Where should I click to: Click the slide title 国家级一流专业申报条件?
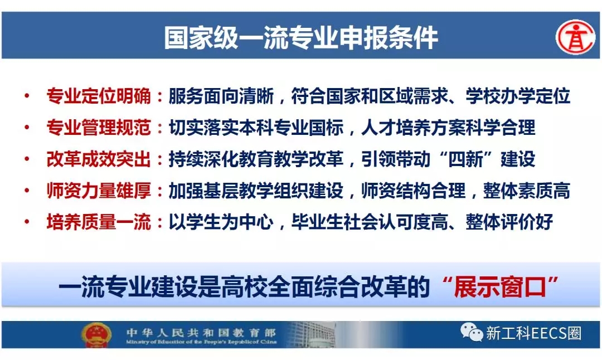tap(301, 37)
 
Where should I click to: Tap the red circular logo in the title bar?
tap(575, 37)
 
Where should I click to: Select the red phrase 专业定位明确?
tap(99, 96)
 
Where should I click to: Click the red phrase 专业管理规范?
tap(99, 128)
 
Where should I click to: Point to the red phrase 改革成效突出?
tap(99, 159)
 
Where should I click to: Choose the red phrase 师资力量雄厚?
tap(99, 191)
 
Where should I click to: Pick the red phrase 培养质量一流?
tap(99, 222)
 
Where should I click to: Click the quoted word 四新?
tap(465, 159)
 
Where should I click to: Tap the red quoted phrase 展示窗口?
tap(500, 286)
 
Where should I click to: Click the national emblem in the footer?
tap(96, 334)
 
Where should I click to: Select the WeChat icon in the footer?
tap(472, 332)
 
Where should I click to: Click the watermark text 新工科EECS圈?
tap(533, 333)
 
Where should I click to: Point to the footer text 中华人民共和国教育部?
tap(201, 332)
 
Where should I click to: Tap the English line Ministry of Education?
tap(201, 342)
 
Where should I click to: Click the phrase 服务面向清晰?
tap(221, 96)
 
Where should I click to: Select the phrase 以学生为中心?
tap(221, 222)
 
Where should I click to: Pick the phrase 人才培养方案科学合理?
tap(448, 128)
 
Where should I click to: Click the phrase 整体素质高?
tap(526, 191)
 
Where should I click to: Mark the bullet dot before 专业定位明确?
tap(27, 95)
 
